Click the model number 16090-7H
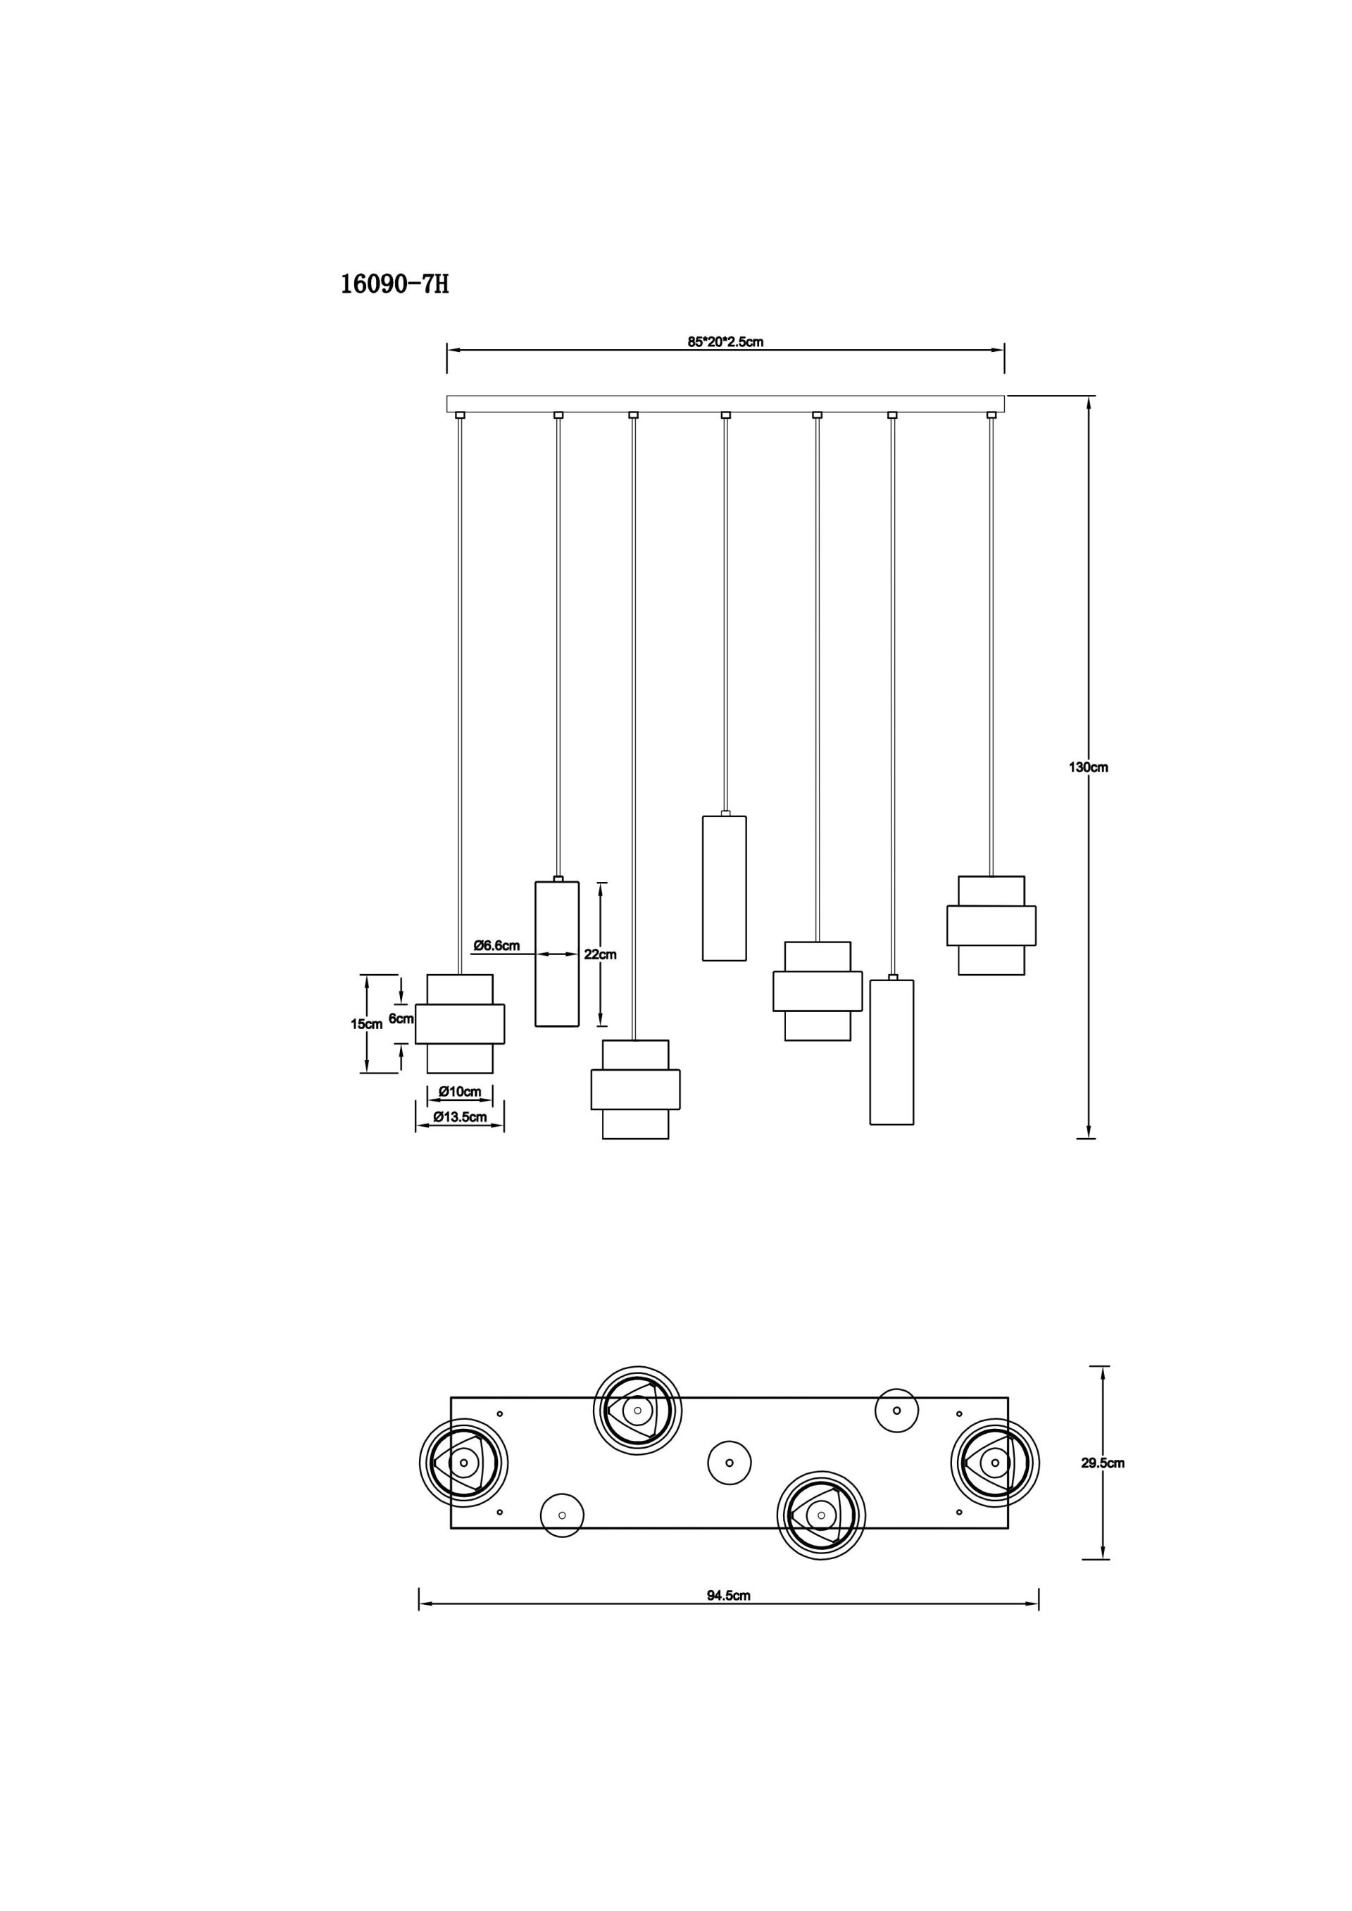(x=394, y=284)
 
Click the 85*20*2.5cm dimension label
(x=725, y=342)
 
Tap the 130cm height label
(x=1088, y=767)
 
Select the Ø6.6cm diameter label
(x=497, y=945)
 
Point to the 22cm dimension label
(x=600, y=954)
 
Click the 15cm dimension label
(x=366, y=1025)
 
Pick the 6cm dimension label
(x=401, y=1018)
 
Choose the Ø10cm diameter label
(x=460, y=1092)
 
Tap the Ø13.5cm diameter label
(x=460, y=1118)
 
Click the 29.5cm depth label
(x=1103, y=1463)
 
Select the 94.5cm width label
(x=728, y=1596)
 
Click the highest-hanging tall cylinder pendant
(x=725, y=888)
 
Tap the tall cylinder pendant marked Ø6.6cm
(x=557, y=954)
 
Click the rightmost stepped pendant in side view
(x=991, y=926)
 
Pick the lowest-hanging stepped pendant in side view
(x=635, y=1090)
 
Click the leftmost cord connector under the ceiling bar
(x=461, y=415)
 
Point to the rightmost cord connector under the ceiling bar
(x=991, y=415)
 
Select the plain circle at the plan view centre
(x=730, y=1463)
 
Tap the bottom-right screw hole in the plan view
(x=959, y=1511)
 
